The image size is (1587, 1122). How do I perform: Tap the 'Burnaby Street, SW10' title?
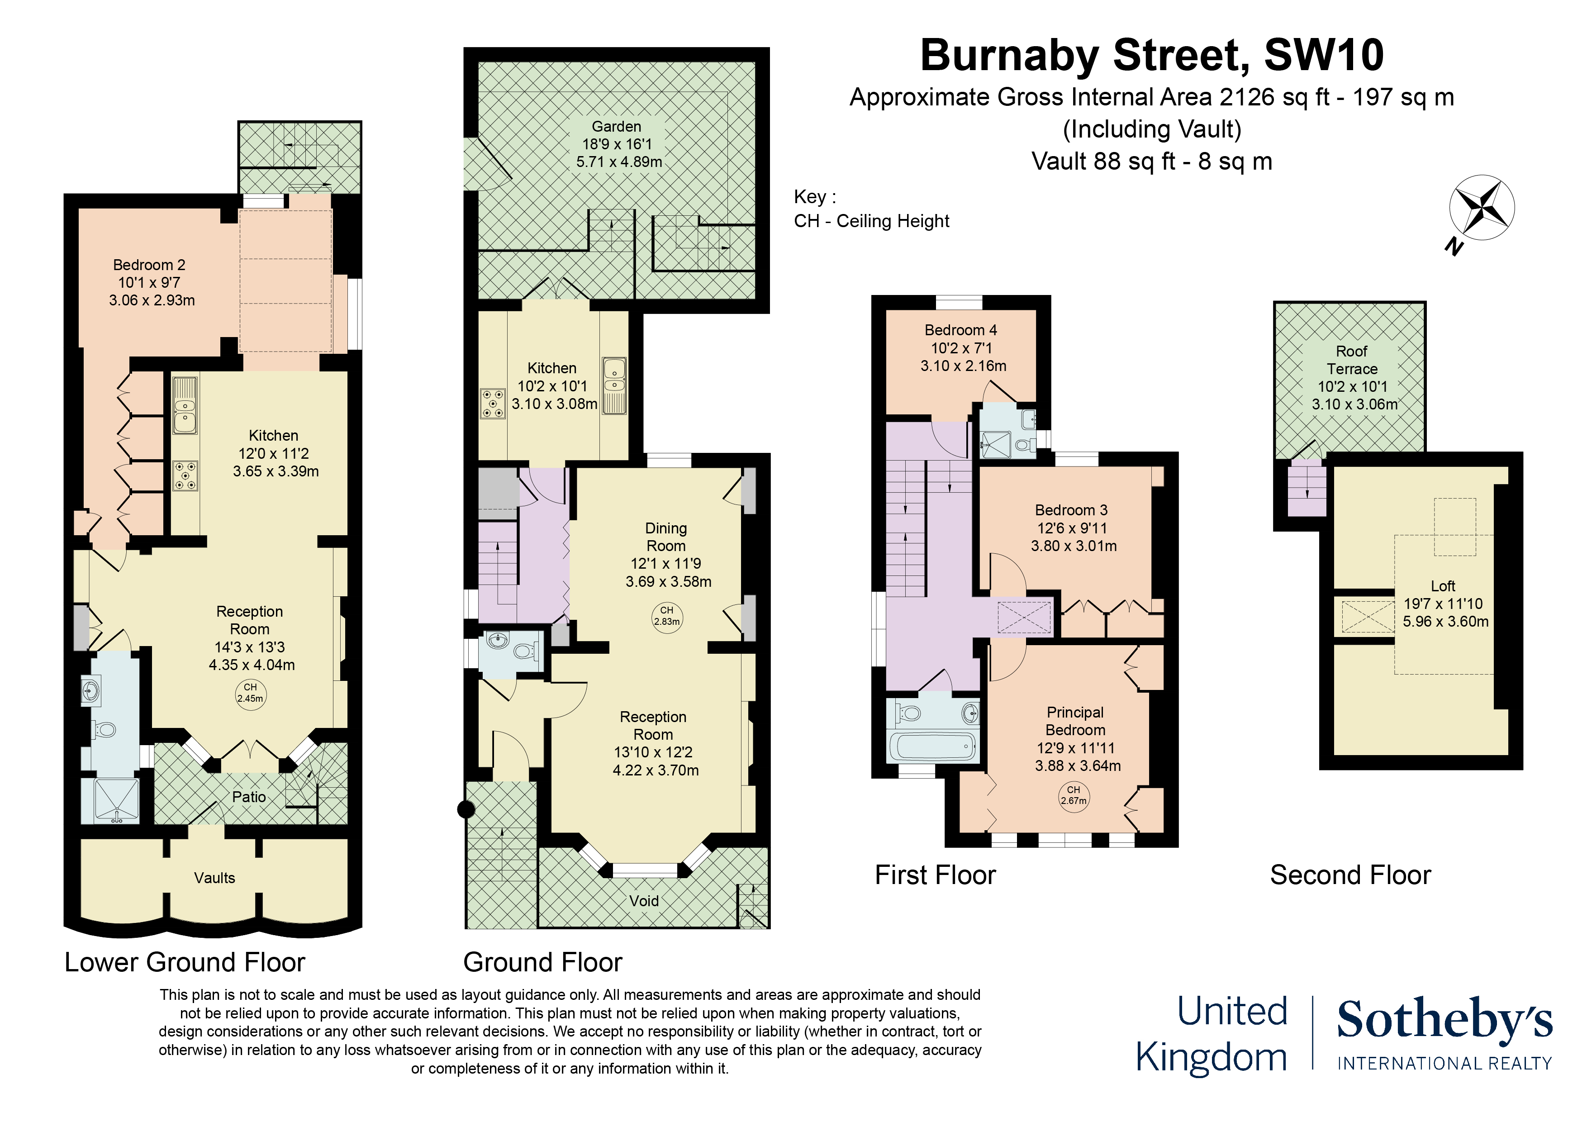(x=1151, y=55)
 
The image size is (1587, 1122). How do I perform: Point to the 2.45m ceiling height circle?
(x=250, y=693)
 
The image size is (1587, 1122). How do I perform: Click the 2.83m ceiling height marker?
(x=666, y=616)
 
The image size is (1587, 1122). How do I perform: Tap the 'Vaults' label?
(x=214, y=878)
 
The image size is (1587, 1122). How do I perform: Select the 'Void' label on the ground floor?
(x=643, y=901)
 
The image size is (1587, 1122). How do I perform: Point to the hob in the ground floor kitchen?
(x=492, y=403)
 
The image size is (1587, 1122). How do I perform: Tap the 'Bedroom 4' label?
(x=961, y=330)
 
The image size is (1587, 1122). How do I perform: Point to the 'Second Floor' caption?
(x=1350, y=875)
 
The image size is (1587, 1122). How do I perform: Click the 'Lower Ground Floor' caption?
(x=185, y=962)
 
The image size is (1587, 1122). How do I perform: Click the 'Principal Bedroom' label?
(x=1075, y=721)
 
